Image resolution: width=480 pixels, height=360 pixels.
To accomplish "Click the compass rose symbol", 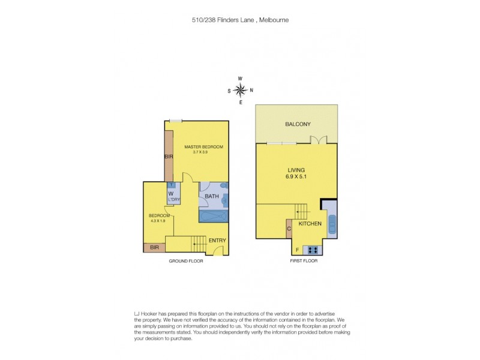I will click(240, 91).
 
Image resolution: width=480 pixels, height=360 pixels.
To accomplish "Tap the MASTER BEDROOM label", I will click(203, 147).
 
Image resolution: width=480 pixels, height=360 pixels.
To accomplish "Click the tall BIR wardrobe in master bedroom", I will click(169, 156).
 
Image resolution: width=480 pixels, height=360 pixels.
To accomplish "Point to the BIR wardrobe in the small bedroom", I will click(154, 247).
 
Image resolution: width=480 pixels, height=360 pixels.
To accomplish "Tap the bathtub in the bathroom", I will click(214, 217).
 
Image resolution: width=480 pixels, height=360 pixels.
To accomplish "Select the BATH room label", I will click(211, 196).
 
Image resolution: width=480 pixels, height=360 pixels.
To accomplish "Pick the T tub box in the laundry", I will click(172, 185).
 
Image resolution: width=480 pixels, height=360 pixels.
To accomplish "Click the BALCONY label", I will click(298, 124).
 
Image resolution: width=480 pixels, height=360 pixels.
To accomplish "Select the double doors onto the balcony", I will click(319, 140).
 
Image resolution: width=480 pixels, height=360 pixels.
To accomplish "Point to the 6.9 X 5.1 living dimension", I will click(296, 176).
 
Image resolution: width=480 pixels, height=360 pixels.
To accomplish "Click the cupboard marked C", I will click(289, 228).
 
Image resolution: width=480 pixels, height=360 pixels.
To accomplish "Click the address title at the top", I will click(240, 20).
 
